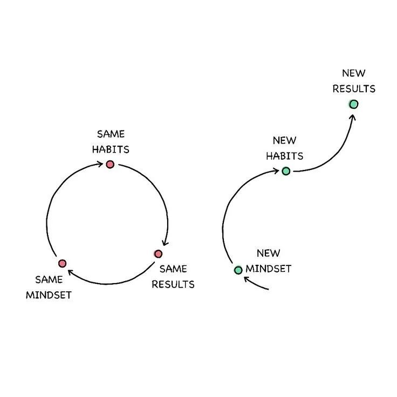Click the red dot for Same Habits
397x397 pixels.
click(x=110, y=164)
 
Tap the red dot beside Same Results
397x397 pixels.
click(x=158, y=254)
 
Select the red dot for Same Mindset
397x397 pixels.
click(x=62, y=263)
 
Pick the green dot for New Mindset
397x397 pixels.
click(x=238, y=270)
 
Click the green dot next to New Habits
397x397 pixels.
click(x=286, y=171)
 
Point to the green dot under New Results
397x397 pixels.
click(x=353, y=104)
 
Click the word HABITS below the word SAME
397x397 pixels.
click(x=110, y=149)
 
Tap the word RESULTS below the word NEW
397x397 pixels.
click(x=353, y=88)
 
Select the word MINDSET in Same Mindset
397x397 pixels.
click(x=49, y=295)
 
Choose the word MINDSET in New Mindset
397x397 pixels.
click(x=268, y=268)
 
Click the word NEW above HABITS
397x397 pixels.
click(x=284, y=141)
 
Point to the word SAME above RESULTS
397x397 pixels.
click(x=173, y=268)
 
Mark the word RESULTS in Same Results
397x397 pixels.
click(x=173, y=284)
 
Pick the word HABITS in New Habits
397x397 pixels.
click(x=284, y=156)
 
